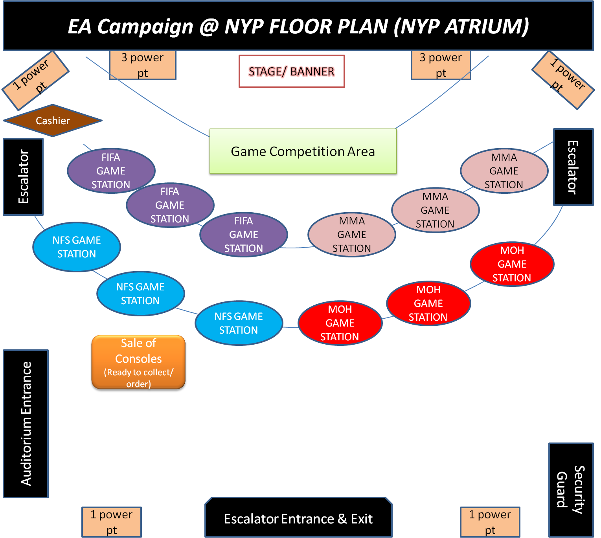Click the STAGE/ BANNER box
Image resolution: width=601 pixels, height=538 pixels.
pos(292,72)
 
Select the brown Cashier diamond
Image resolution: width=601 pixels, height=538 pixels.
pos(53,121)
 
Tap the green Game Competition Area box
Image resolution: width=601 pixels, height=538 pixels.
pos(303,151)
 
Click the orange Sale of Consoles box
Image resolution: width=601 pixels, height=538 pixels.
pos(138,362)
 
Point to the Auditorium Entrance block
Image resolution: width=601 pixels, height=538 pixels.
pos(26,424)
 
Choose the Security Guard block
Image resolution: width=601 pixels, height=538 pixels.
pos(571,489)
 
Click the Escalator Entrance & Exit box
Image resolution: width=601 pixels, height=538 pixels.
pos(298,519)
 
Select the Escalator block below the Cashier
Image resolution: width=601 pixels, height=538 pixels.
pos(23,177)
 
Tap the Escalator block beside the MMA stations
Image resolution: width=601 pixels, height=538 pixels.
pos(573,167)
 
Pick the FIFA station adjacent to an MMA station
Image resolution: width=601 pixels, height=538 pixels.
pos(244,235)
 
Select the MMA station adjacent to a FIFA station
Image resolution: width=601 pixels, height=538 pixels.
pos(352,235)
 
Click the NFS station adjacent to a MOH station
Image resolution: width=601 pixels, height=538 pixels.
pos(239,323)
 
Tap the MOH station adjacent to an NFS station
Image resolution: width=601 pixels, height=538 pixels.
pos(340,323)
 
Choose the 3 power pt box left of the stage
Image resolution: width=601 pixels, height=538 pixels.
pos(142,65)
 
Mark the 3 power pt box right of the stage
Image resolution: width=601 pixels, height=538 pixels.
pos(441,65)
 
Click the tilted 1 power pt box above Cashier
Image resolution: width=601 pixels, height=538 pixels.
pos(35,81)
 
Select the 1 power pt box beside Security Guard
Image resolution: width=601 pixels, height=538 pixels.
pos(490,522)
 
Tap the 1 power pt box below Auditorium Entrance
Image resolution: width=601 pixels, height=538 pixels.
pos(112,522)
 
